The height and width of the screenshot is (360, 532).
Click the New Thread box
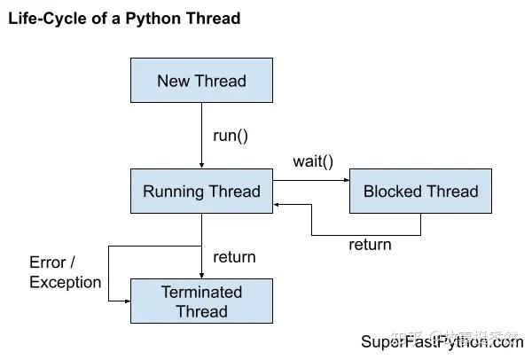pos(201,81)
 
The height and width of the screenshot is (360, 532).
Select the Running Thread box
pos(201,192)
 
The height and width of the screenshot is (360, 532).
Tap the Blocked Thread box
pos(420,192)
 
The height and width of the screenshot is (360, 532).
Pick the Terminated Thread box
pos(201,301)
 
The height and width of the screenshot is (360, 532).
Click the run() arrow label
pos(231,136)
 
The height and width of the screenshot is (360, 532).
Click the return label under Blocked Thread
pos(370,245)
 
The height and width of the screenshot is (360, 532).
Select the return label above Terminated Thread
pos(234,257)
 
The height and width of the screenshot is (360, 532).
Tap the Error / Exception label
pos(65,272)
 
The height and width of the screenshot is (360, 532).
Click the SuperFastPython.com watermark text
pos(441,342)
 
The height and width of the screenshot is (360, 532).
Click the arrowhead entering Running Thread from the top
pos(201,165)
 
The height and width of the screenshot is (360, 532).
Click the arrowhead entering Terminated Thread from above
pos(201,275)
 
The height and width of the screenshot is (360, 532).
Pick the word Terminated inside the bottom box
pos(201,292)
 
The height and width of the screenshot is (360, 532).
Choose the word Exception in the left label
pos(65,282)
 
